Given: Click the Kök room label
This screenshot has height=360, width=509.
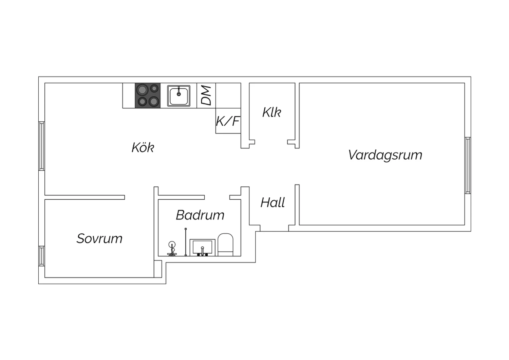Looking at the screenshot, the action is [x=143, y=147].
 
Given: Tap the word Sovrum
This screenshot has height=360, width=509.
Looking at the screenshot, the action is [x=99, y=238].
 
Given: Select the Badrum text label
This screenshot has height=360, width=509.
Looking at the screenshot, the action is [x=200, y=215].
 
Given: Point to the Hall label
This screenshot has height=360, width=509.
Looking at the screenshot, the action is [x=272, y=202].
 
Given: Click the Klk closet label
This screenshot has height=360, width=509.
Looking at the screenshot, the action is [x=272, y=112].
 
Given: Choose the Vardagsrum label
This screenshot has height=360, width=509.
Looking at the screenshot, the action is [x=385, y=155].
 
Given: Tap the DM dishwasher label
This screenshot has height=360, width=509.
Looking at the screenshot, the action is [x=206, y=95].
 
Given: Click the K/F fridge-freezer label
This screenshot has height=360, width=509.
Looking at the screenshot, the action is [x=228, y=121].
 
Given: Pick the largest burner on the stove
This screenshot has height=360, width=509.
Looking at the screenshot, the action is [x=142, y=90].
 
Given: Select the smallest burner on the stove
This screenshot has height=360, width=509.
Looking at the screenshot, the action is [x=154, y=88].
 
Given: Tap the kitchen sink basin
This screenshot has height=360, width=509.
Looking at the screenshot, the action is [x=179, y=96].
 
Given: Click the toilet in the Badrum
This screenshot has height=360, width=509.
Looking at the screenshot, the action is [x=225, y=245].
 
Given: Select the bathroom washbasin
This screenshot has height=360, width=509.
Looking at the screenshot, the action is [x=203, y=248].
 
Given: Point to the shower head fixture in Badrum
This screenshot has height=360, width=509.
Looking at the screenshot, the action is [x=172, y=249].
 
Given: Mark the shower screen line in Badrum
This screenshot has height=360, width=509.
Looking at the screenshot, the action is [x=186, y=242].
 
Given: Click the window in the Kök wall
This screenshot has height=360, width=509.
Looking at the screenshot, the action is [x=42, y=146].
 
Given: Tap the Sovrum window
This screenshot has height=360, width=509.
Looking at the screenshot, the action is [x=42, y=256].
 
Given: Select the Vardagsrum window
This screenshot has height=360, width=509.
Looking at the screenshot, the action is [x=468, y=165].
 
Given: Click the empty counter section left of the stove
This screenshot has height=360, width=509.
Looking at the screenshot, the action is [x=129, y=95].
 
